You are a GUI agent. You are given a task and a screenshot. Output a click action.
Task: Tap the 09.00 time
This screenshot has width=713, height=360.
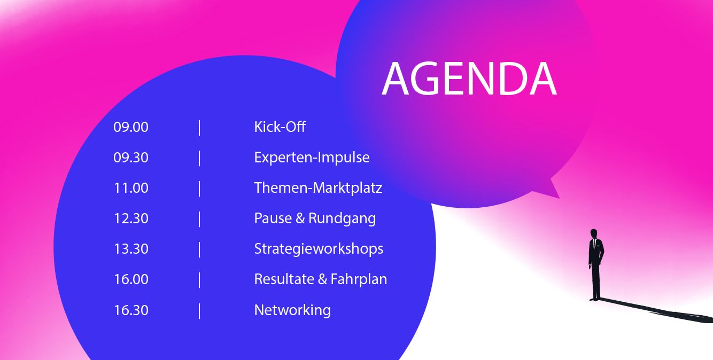click(x=131, y=127)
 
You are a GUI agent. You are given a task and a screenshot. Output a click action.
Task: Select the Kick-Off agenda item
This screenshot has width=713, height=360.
click(x=280, y=127)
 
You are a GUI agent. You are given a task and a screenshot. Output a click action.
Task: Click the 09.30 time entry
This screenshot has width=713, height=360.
click(x=131, y=158)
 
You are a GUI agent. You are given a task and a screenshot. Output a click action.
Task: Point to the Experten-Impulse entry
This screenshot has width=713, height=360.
click(x=312, y=158)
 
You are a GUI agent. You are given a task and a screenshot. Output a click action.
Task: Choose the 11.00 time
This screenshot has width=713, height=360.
click(x=131, y=188)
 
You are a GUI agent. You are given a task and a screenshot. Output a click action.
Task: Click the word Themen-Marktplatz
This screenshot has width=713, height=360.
click(x=318, y=188)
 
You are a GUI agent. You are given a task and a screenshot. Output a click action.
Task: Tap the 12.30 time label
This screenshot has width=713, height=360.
click(x=131, y=218)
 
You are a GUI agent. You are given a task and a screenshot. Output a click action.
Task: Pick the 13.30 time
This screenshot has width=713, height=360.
click(x=131, y=249)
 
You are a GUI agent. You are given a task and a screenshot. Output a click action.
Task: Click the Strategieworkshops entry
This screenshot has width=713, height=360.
click(x=319, y=249)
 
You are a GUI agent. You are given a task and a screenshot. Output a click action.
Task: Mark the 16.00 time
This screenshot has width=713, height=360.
click(x=131, y=279)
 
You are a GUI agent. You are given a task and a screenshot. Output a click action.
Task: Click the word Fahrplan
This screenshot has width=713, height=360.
click(x=359, y=279)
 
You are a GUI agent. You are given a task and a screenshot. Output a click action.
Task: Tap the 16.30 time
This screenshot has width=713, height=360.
click(x=131, y=310)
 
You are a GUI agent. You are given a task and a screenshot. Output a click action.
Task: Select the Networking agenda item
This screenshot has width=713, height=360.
click(x=292, y=310)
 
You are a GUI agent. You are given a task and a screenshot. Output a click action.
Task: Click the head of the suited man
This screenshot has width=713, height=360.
click(x=594, y=233)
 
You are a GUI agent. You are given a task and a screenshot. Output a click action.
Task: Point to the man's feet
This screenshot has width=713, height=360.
click(x=594, y=299)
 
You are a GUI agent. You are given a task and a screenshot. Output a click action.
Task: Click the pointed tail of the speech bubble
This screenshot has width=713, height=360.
click(x=559, y=198)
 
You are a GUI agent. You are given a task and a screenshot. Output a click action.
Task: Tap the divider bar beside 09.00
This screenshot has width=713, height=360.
click(x=199, y=128)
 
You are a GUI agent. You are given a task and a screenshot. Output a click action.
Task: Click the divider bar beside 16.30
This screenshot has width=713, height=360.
click(x=199, y=311)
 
